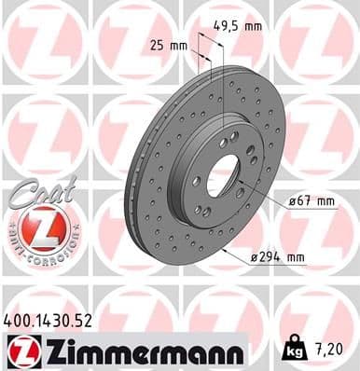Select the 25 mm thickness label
[167, 44]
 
